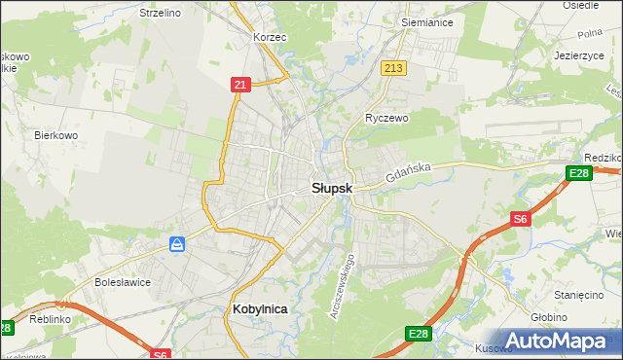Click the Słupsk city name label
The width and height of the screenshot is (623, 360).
tap(330, 187)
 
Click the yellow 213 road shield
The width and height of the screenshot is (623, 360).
tap(393, 68)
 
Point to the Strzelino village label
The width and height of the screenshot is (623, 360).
tap(161, 14)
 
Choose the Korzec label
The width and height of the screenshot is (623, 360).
tap(269, 37)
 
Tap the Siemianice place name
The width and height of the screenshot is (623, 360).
tap(429, 19)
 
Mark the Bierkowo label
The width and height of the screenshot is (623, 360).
tap(55, 135)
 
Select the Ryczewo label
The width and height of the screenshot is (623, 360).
tap(386, 117)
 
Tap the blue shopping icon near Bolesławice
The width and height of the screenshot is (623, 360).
tap(177, 243)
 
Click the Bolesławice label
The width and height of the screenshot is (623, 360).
tap(121, 282)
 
